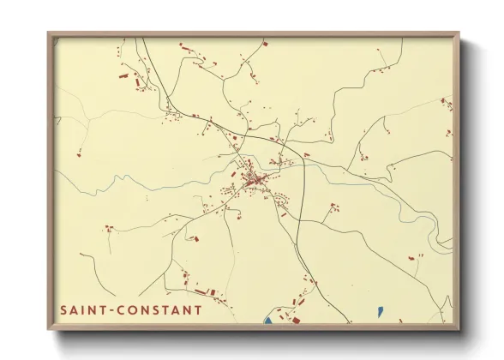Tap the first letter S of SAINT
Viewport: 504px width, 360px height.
pos(63,309)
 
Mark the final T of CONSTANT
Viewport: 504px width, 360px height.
pos(199,309)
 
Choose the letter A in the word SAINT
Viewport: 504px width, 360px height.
pos(75,309)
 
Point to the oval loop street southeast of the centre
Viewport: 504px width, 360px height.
pos(280,201)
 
